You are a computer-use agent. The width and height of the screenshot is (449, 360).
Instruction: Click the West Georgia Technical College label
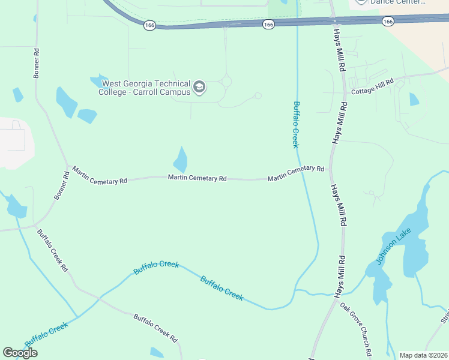click(x=146, y=88)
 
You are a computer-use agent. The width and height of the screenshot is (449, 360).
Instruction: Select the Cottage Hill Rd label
click(x=372, y=86)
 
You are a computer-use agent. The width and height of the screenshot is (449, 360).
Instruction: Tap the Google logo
click(x=20, y=353)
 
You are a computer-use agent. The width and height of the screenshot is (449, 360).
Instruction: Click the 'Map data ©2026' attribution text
click(x=423, y=355)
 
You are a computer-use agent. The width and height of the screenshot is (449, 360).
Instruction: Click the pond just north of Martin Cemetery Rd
click(x=181, y=160)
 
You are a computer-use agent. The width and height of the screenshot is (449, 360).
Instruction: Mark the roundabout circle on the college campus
click(x=226, y=81)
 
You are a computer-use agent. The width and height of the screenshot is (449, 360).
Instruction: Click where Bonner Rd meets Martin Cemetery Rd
click(x=67, y=167)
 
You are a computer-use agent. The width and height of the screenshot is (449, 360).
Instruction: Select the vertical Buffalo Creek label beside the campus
click(x=295, y=124)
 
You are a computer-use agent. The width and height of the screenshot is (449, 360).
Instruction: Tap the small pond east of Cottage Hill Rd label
click(x=414, y=99)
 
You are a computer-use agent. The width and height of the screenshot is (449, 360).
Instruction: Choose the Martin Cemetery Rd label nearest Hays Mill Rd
click(x=296, y=174)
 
